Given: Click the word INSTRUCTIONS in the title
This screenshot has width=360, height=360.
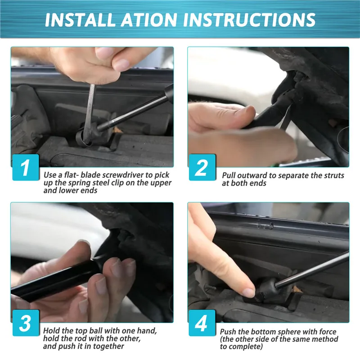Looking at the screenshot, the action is (x=249, y=20).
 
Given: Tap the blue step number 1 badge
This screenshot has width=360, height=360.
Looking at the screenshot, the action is (x=26, y=167).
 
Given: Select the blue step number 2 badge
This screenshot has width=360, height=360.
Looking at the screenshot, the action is (x=202, y=167).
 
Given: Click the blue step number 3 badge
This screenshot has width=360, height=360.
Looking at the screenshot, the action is (x=26, y=323).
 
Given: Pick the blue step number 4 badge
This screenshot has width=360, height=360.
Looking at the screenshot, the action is (x=202, y=323).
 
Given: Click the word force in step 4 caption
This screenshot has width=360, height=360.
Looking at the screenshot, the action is (x=328, y=332).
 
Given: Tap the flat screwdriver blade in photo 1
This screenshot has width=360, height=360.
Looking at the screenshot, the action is (x=89, y=112).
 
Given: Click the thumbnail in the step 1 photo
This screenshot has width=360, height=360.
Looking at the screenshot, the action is (x=121, y=65).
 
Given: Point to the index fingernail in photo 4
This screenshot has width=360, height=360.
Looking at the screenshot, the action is (x=248, y=293).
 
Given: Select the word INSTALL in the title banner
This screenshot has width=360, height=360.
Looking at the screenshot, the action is (x=81, y=20).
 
